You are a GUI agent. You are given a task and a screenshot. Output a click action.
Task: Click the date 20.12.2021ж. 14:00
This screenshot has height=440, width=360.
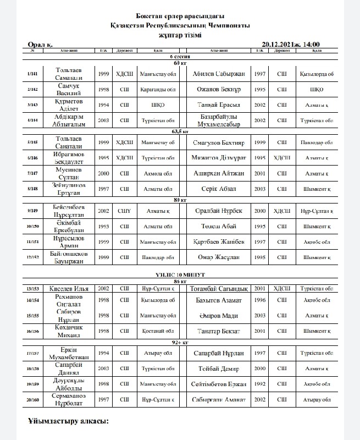[x=291, y=45]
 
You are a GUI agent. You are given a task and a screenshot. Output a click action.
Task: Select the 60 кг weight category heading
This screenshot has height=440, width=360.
[x=177, y=63]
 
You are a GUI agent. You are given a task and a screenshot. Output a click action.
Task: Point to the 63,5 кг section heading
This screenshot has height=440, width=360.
[x=177, y=132]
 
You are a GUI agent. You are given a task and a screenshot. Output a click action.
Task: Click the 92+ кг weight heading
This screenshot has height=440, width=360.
[x=177, y=342]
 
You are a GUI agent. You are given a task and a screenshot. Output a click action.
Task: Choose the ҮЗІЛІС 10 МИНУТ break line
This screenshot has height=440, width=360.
[x=177, y=274]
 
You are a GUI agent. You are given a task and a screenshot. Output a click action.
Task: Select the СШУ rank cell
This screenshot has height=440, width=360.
[x=124, y=211]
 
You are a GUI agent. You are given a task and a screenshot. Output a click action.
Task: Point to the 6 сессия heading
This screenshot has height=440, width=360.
[x=177, y=57]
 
